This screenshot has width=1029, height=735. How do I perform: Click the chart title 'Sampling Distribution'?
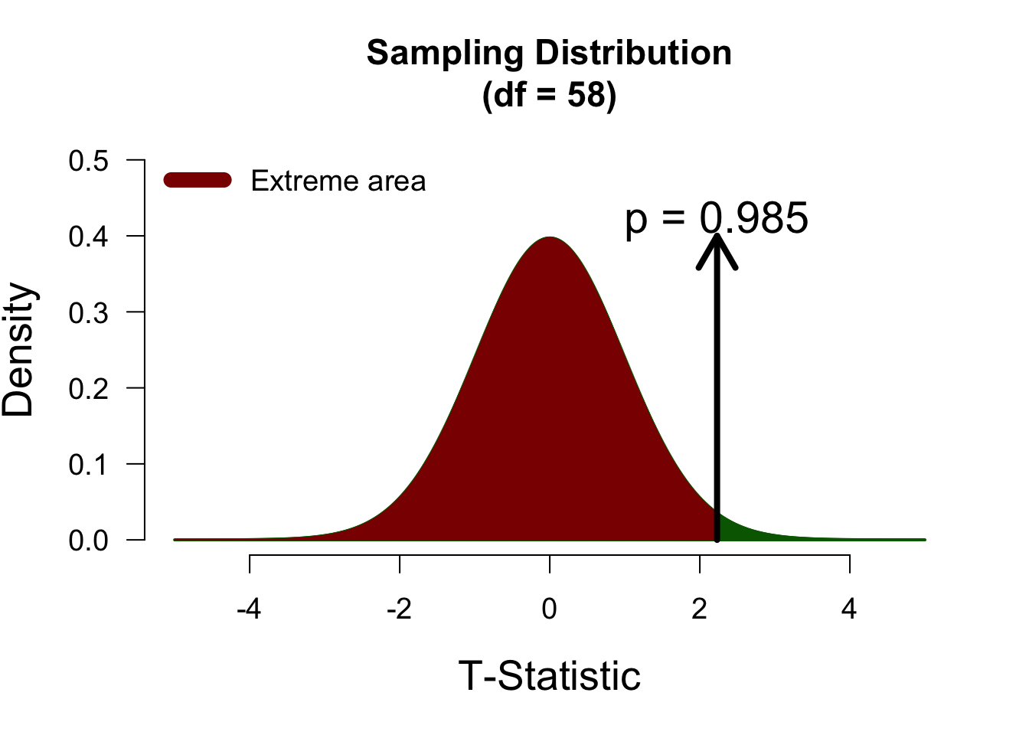pyautogui.click(x=549, y=54)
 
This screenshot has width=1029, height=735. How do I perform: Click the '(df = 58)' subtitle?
pyautogui.click(x=549, y=96)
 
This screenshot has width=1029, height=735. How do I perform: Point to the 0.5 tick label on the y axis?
pyautogui.click(x=88, y=162)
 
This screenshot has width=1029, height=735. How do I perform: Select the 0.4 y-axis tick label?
pyautogui.click(x=88, y=237)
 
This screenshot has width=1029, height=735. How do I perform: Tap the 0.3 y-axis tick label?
pyautogui.click(x=88, y=312)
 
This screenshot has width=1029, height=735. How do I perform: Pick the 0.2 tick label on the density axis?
pyautogui.click(x=88, y=388)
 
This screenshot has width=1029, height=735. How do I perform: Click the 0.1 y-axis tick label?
pyautogui.click(x=88, y=464)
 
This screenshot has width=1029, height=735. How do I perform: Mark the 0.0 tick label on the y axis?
pyautogui.click(x=88, y=541)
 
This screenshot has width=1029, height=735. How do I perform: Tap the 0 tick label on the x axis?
pyautogui.click(x=549, y=609)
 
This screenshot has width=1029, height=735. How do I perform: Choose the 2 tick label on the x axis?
pyautogui.click(x=699, y=609)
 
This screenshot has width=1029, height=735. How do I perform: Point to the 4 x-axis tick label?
pyautogui.click(x=849, y=609)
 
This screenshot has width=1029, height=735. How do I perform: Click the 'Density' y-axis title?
pyautogui.click(x=19, y=350)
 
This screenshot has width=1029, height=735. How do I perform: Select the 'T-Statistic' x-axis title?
pyautogui.click(x=549, y=676)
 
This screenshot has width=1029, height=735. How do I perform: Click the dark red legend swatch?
pyautogui.click(x=198, y=180)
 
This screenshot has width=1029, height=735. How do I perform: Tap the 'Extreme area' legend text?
pyautogui.click(x=338, y=181)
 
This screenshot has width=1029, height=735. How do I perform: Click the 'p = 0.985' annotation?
pyautogui.click(x=717, y=218)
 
